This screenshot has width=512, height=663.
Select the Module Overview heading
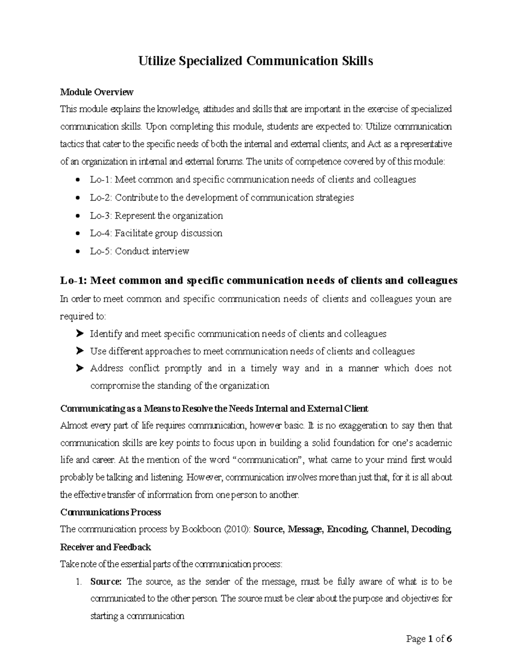[97, 92]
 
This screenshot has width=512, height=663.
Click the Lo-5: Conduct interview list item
[139, 251]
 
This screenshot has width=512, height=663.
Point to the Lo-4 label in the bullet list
[101, 234]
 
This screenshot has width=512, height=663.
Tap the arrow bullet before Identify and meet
[79, 334]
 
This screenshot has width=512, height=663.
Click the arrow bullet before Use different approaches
[79, 351]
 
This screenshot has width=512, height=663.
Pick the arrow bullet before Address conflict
[79, 368]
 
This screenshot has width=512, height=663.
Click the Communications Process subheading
[111, 512]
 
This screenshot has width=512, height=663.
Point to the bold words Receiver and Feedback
[105, 547]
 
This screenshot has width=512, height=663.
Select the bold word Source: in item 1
[106, 582]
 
